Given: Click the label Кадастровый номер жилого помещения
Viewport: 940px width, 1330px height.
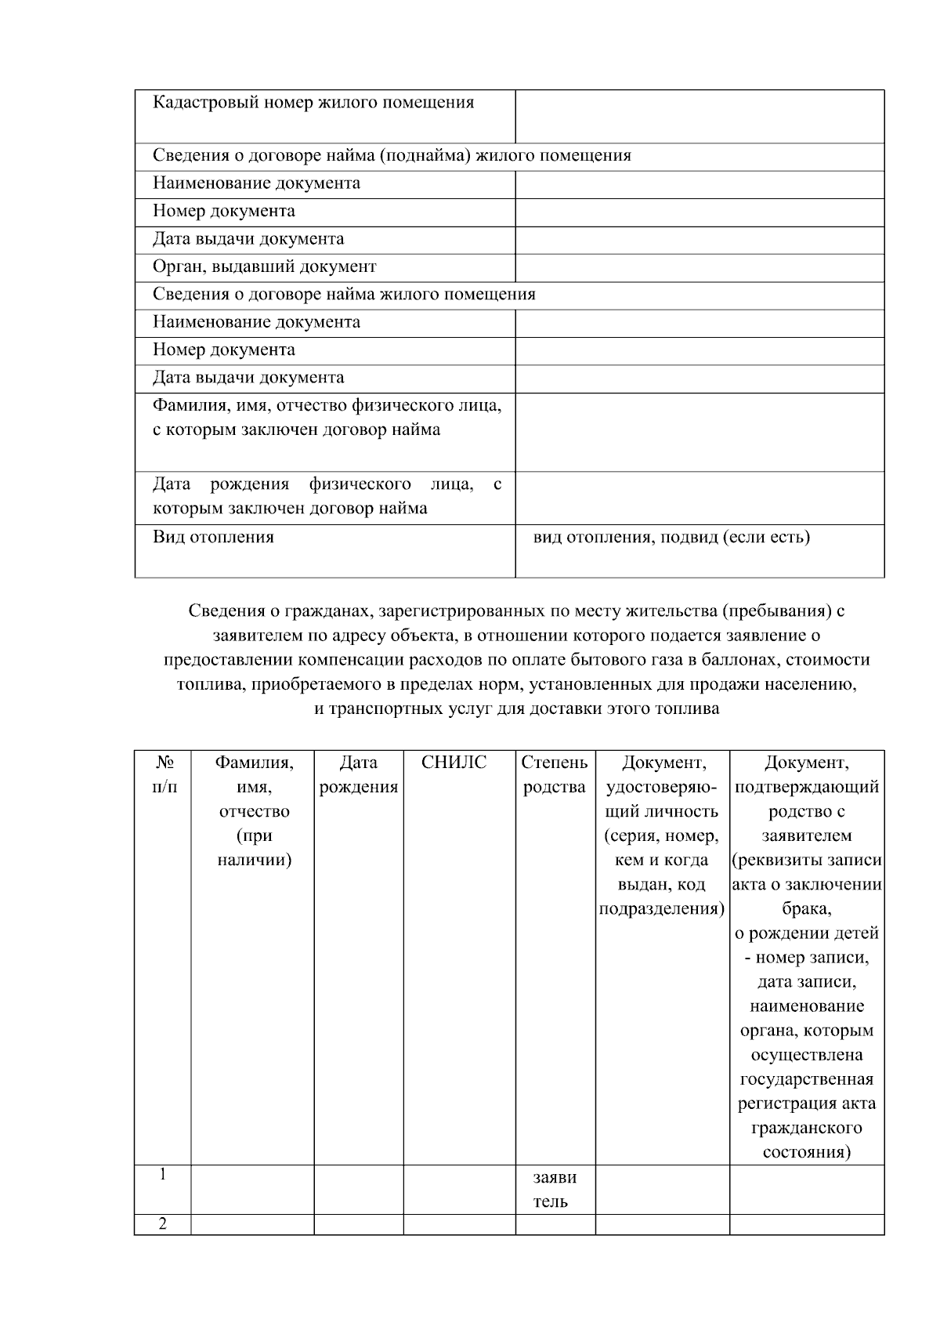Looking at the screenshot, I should point(313,103).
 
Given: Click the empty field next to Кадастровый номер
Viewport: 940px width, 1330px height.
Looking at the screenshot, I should point(699,116).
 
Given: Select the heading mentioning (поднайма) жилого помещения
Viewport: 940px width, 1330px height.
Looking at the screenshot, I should point(392,155).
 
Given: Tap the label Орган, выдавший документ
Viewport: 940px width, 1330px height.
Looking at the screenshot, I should point(264,266).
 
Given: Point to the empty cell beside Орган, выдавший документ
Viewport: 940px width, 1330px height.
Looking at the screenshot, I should point(699,267).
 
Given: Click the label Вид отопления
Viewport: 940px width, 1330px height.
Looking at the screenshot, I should point(213,537).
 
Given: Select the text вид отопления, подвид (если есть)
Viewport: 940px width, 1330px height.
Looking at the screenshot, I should point(671,537).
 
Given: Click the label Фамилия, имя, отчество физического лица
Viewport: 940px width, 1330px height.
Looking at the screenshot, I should point(327,417).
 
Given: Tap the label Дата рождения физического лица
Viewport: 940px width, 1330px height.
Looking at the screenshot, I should point(327,496).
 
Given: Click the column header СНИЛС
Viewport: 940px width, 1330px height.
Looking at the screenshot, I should point(454,763).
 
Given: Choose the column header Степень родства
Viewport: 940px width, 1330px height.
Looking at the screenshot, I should point(554,774).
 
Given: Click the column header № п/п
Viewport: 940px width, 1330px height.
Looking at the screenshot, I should point(164,774).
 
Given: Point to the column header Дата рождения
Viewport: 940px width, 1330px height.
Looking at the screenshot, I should point(359,774).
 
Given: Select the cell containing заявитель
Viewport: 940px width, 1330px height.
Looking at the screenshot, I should point(554,1189).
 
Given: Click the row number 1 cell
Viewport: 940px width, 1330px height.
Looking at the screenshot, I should point(163,1175).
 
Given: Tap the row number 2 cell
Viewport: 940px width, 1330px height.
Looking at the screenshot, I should point(163,1224).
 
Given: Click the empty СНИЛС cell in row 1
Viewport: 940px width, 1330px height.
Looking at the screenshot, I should point(459,1189).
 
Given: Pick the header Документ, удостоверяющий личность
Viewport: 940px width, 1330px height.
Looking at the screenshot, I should point(662,835).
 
